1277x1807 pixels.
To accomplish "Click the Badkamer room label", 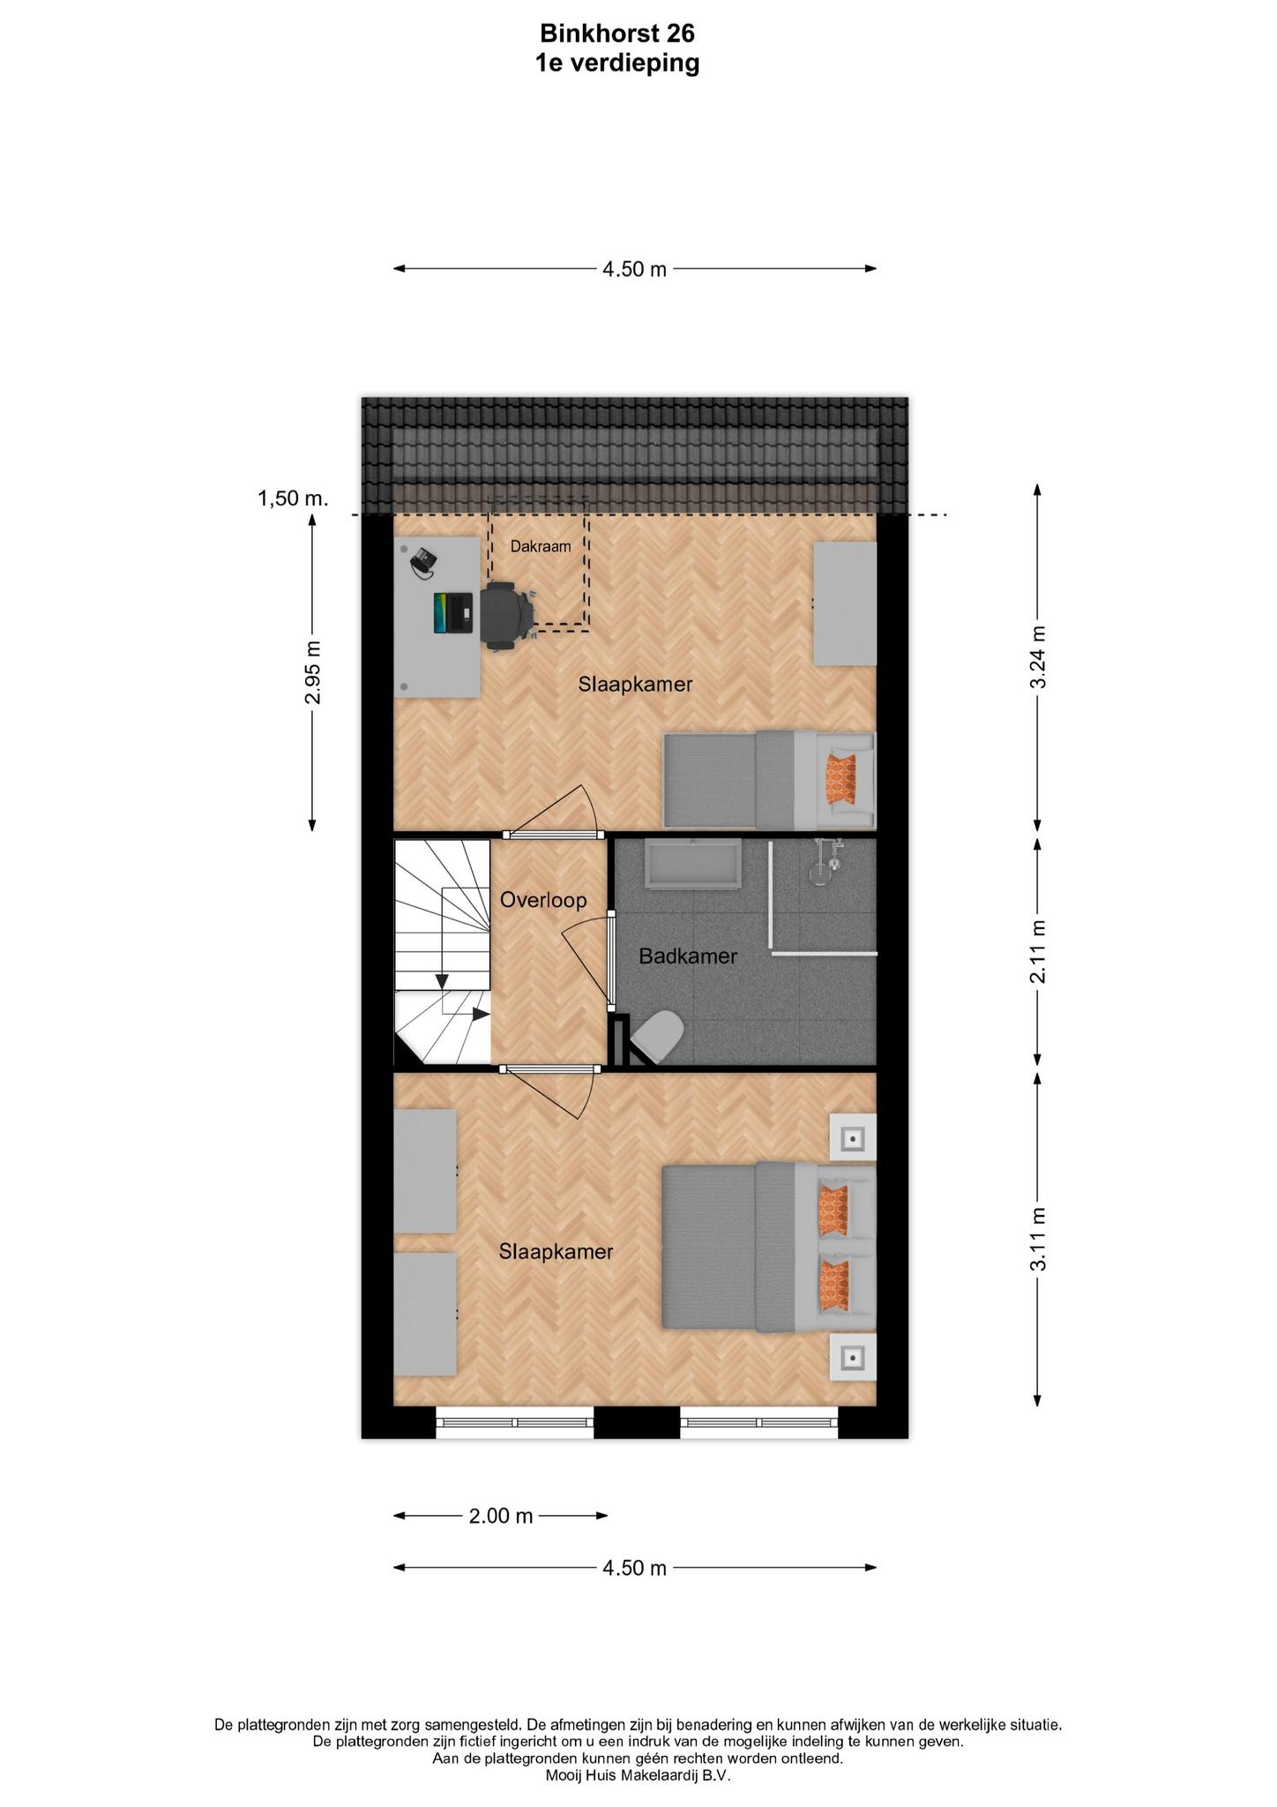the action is (688, 956).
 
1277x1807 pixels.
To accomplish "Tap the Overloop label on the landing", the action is (543, 900).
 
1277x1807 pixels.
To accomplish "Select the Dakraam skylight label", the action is (541, 546).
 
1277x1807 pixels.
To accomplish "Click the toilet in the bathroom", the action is (658, 1035).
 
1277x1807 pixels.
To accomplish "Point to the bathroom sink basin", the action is (693, 865).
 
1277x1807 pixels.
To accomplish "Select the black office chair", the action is (506, 615).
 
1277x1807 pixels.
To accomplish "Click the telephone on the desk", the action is (423, 562).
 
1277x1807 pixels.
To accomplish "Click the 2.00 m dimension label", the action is (501, 1516).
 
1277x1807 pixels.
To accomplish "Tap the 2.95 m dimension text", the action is (312, 672).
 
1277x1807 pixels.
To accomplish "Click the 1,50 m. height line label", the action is (293, 499).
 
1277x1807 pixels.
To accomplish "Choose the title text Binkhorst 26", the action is (617, 34).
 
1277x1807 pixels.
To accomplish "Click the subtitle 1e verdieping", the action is (617, 64).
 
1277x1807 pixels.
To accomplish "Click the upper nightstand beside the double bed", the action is (853, 1137).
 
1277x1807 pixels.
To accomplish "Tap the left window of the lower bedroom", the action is (515, 1421).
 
